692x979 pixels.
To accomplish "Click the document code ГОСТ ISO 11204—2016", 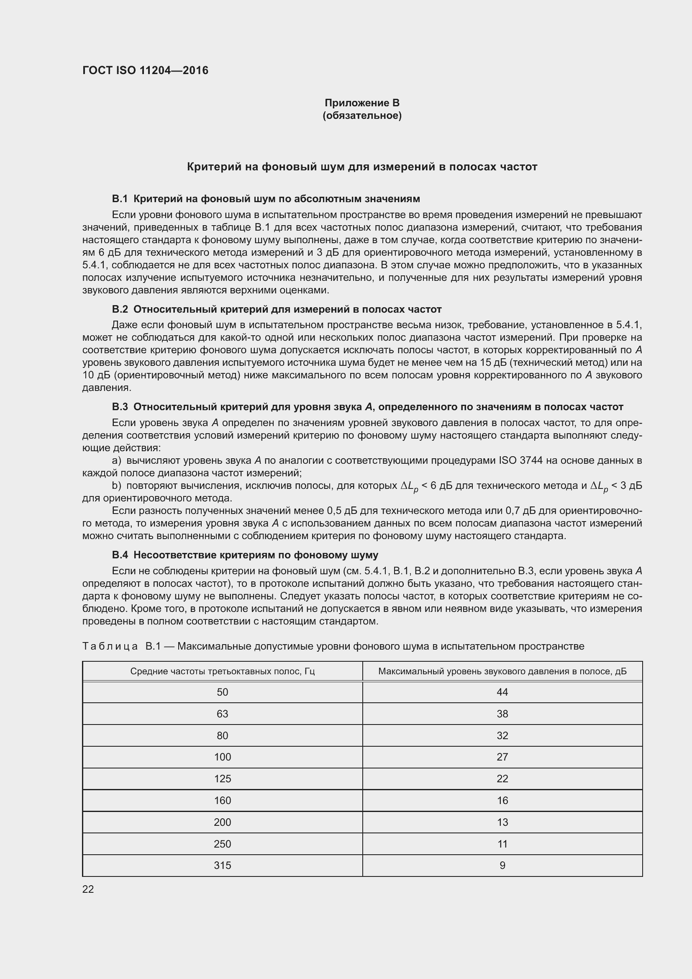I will pyautogui.click(x=145, y=70).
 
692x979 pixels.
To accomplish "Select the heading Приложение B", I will pyautogui.click(x=362, y=103).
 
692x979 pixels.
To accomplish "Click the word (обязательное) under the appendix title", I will pyautogui.click(x=362, y=116).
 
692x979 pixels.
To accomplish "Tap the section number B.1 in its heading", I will pyautogui.click(x=120, y=199).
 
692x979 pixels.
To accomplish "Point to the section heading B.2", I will pyautogui.click(x=120, y=309).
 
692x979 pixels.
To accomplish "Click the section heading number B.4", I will pyautogui.click(x=120, y=555).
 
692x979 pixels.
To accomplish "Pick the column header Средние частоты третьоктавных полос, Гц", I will pyautogui.click(x=223, y=671).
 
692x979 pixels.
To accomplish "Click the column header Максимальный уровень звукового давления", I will pyautogui.click(x=502, y=671).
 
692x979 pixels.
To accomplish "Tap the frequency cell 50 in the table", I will pyautogui.click(x=223, y=692).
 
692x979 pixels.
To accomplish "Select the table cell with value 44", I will pyautogui.click(x=502, y=692).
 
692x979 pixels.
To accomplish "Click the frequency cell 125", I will pyautogui.click(x=223, y=779).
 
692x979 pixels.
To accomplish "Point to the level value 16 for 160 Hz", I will pyautogui.click(x=502, y=801).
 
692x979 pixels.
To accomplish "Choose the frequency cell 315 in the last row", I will pyautogui.click(x=223, y=866).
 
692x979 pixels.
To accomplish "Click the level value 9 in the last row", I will pyautogui.click(x=502, y=866).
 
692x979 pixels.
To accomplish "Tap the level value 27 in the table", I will pyautogui.click(x=502, y=757).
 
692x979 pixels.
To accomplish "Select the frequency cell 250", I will pyautogui.click(x=223, y=844).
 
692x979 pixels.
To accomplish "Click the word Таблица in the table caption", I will pyautogui.click(x=110, y=646).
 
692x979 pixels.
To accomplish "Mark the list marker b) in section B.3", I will pyautogui.click(x=116, y=486).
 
